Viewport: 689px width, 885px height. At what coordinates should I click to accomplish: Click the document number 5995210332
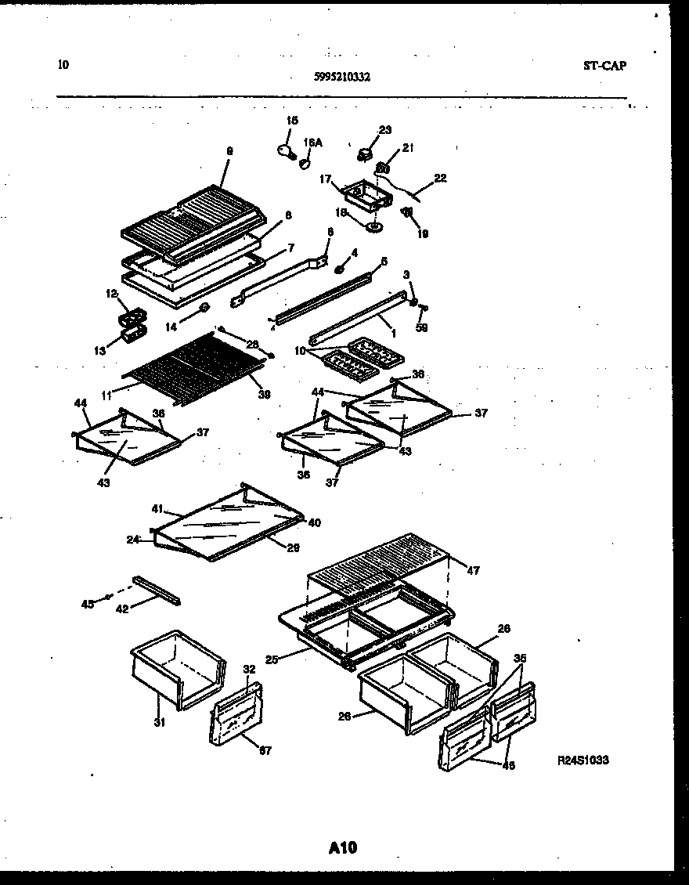tap(341, 77)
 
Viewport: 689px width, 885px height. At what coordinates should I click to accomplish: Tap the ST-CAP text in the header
tap(604, 66)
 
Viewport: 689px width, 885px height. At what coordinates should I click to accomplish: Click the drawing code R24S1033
tap(583, 760)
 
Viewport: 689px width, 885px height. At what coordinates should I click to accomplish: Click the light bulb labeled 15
tap(283, 150)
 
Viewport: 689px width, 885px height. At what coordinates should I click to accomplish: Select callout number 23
tap(385, 130)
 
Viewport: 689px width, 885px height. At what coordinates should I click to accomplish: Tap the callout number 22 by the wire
tap(440, 178)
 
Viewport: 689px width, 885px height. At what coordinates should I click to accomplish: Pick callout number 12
tap(110, 294)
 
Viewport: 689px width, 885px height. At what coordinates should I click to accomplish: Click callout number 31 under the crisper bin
tap(159, 722)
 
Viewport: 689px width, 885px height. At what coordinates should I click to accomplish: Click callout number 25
tap(271, 659)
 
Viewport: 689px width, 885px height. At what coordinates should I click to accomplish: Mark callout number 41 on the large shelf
tap(157, 509)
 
